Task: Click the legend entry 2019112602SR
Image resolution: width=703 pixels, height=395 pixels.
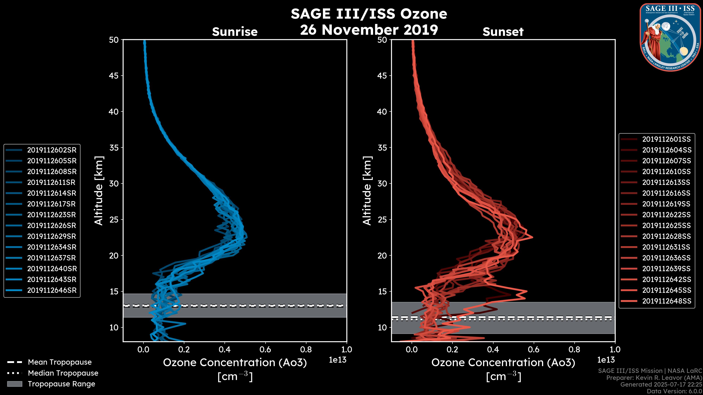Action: click(52, 150)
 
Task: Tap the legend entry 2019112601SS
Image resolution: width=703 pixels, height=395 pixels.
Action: click(666, 139)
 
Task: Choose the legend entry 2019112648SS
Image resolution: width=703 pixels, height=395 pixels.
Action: click(666, 301)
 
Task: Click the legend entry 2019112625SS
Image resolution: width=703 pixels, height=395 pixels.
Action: click(666, 225)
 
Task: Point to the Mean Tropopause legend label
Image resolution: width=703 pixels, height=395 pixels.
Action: click(60, 362)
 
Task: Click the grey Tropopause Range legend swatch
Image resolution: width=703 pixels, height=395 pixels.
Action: click(14, 384)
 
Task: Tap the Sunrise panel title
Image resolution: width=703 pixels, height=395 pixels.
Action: click(235, 32)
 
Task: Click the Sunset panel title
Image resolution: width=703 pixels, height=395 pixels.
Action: click(503, 32)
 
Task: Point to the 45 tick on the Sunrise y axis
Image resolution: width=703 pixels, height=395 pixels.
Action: click(114, 76)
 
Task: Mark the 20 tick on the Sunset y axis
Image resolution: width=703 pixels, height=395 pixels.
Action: click(382, 255)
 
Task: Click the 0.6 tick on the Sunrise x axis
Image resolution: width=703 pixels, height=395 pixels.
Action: click(265, 349)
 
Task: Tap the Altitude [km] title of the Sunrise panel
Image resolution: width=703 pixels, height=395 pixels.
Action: click(99, 191)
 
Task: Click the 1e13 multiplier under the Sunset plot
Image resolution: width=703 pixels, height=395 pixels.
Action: click(606, 360)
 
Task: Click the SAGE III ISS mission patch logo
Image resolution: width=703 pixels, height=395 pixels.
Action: click(670, 37)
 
